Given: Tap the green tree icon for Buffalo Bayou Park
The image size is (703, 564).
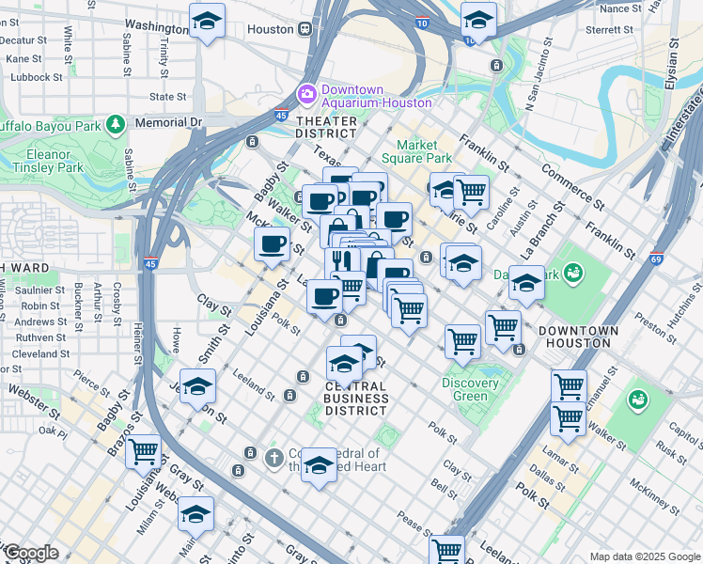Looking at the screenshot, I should point(115,124).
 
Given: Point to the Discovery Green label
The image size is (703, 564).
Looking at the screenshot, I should point(471,389).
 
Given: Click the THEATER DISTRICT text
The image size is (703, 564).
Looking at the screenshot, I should point(326,128).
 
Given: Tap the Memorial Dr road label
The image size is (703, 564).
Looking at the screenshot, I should point(169,122).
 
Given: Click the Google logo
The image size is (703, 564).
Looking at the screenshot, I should point(30,553).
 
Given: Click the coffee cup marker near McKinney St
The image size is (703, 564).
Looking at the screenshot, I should point(273,244).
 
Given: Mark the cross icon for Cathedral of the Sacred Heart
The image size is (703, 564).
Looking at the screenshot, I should point(273,459).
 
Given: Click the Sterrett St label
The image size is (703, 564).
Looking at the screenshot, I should point(611,29).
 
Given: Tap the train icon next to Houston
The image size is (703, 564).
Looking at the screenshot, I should point(305,29).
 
